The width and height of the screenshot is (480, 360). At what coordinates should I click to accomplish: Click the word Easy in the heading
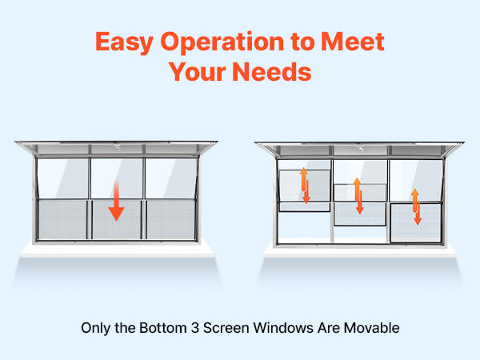point(124,42)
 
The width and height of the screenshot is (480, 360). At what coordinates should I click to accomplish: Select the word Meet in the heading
point(352,41)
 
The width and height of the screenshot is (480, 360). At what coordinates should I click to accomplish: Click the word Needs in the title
point(272,72)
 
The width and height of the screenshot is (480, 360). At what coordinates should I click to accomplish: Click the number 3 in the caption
point(195,328)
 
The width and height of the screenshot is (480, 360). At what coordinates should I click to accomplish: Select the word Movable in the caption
point(372,328)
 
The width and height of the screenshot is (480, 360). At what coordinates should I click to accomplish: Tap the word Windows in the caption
point(284,328)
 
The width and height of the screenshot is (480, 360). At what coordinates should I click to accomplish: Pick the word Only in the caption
point(95,329)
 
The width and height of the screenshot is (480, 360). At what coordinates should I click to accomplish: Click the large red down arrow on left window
point(116,201)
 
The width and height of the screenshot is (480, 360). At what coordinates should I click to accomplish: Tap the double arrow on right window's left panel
point(305,186)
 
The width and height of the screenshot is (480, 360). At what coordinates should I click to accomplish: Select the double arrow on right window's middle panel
point(358,196)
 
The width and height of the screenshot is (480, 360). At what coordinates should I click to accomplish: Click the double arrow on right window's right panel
point(416,206)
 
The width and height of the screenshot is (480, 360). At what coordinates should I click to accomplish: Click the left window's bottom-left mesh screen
point(62,219)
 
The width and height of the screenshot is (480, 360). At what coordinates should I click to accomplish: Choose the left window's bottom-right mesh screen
point(170,219)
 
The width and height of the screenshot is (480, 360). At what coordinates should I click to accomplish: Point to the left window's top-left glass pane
point(62,178)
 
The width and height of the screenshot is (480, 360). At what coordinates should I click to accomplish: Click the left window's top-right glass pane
point(171,178)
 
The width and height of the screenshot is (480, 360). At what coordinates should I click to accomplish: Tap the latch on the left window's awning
point(117,146)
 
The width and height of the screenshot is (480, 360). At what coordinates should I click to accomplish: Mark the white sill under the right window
point(360,251)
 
